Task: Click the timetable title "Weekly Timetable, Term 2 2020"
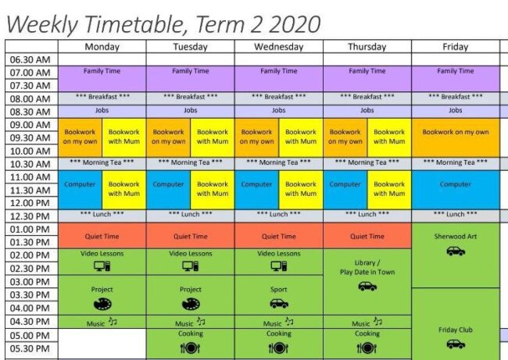163,23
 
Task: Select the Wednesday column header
278,47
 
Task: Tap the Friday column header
455,47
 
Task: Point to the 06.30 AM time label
30,59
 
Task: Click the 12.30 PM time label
30,216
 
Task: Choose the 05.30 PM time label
30,349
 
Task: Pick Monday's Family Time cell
102,72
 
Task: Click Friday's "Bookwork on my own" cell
455,132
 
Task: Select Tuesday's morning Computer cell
168,184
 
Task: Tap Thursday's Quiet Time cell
367,236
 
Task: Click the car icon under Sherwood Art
455,251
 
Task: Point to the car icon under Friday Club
456,344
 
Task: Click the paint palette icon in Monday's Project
102,303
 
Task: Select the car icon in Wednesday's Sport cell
279,303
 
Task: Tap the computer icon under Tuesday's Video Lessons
190,266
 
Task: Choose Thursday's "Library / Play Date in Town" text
367,268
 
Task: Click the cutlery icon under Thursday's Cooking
367,348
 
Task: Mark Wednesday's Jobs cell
278,111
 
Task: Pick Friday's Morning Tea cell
455,162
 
